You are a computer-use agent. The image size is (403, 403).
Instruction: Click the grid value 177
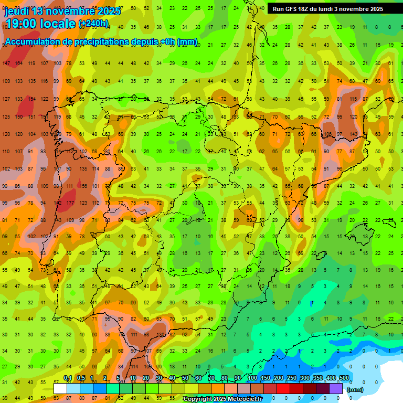[70, 203]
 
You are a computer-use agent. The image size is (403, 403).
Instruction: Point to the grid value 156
[83, 186]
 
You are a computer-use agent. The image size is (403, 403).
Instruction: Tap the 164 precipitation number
[19, 63]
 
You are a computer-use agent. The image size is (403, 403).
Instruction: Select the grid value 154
[31, 99]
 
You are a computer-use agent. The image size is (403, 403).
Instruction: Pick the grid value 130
[160, 334]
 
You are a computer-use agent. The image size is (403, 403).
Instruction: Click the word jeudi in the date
[17, 11]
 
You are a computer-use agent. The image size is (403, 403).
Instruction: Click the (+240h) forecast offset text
[93, 24]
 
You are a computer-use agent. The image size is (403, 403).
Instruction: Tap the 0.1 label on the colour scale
[68, 378]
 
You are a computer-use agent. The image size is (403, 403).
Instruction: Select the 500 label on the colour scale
[344, 378]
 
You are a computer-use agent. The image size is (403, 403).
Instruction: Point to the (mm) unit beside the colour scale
[355, 389]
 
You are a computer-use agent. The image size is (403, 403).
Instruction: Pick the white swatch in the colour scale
[60, 388]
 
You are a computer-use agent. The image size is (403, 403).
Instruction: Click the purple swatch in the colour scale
[336, 388]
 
